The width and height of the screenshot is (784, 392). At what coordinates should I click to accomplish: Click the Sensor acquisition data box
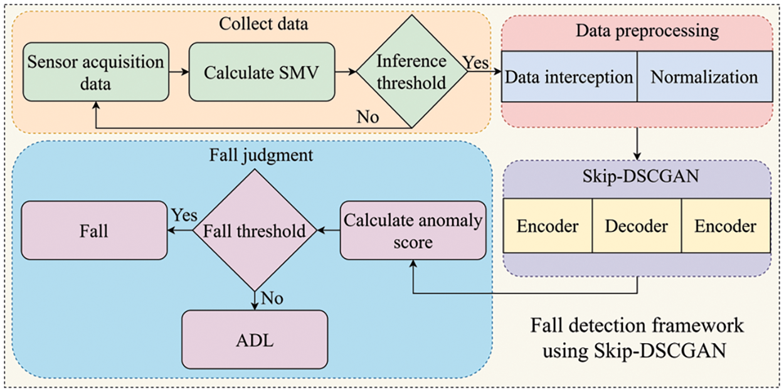pyautogui.click(x=96, y=72)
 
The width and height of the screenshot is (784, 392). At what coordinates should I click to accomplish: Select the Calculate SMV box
pyautogui.click(x=262, y=72)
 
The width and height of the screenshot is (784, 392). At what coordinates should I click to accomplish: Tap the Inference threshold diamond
pyautogui.click(x=411, y=72)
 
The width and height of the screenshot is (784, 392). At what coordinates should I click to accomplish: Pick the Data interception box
pyautogui.click(x=569, y=78)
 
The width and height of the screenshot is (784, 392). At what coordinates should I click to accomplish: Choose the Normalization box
pyautogui.click(x=704, y=78)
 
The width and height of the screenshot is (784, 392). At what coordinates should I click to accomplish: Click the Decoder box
pyautogui.click(x=636, y=226)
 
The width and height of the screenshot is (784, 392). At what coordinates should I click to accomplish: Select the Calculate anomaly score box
pyautogui.click(x=413, y=230)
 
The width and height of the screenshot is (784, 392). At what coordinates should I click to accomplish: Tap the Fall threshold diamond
pyautogui.click(x=255, y=230)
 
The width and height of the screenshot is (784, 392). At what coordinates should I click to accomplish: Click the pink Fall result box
pyautogui.click(x=94, y=230)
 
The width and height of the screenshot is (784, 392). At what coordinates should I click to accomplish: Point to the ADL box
pyautogui.click(x=255, y=341)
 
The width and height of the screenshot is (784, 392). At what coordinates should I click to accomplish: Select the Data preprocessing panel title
pyautogui.click(x=637, y=30)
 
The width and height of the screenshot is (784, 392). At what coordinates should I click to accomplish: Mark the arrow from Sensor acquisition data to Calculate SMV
pyautogui.click(x=179, y=72)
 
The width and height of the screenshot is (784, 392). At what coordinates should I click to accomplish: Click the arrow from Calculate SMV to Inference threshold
pyautogui.click(x=345, y=72)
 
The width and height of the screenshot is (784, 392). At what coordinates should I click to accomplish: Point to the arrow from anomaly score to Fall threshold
pyautogui.click(x=329, y=231)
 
